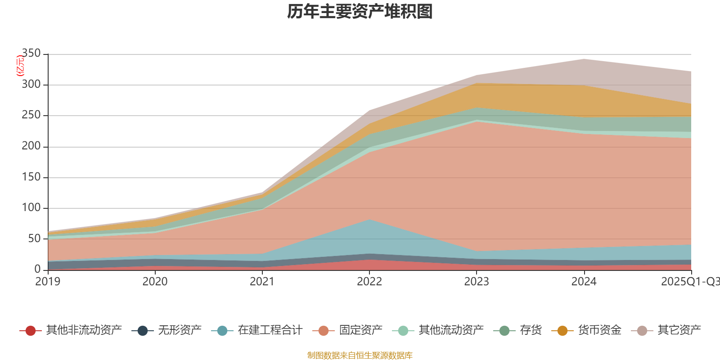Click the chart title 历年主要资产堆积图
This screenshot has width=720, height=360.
(x=360, y=12)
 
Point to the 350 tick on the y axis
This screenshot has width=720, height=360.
(x=31, y=54)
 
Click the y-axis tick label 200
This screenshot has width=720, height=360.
(x=31, y=146)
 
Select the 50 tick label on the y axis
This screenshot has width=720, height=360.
(x=34, y=238)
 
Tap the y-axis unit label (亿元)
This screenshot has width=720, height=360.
(x=20, y=66)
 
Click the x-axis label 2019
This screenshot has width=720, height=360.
(x=48, y=282)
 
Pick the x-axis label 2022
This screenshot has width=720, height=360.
(x=369, y=282)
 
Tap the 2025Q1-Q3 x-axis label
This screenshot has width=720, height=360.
(x=689, y=282)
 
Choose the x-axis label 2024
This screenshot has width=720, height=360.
(x=584, y=282)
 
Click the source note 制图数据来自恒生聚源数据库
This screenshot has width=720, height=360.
(x=360, y=355)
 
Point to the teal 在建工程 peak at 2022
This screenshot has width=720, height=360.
(x=369, y=220)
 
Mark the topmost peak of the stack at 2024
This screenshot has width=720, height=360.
(x=584, y=59)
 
